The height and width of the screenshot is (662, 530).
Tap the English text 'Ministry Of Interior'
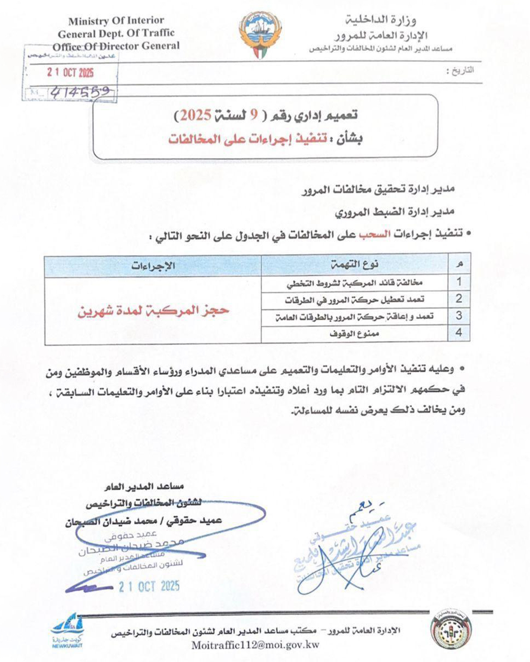[x=116, y=21]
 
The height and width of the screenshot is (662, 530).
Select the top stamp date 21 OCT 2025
[x=70, y=73]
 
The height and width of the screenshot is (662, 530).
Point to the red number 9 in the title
[x=254, y=116]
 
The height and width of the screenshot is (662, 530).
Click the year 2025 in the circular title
[x=196, y=116]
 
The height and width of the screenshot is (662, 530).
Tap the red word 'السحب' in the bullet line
[x=375, y=234]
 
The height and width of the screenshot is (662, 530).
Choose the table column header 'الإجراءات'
[x=153, y=265]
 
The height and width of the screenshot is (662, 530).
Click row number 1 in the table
[x=459, y=281]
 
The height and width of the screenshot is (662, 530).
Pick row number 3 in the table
[x=459, y=315]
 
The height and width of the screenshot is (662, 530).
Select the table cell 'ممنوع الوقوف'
[x=354, y=333]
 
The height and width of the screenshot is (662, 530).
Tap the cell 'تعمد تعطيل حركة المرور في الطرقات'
[x=354, y=299]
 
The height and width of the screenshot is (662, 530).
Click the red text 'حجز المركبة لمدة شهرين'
[x=153, y=310]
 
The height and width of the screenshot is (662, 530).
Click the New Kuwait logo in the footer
[x=68, y=630]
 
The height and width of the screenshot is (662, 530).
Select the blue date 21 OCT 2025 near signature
[x=149, y=586]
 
